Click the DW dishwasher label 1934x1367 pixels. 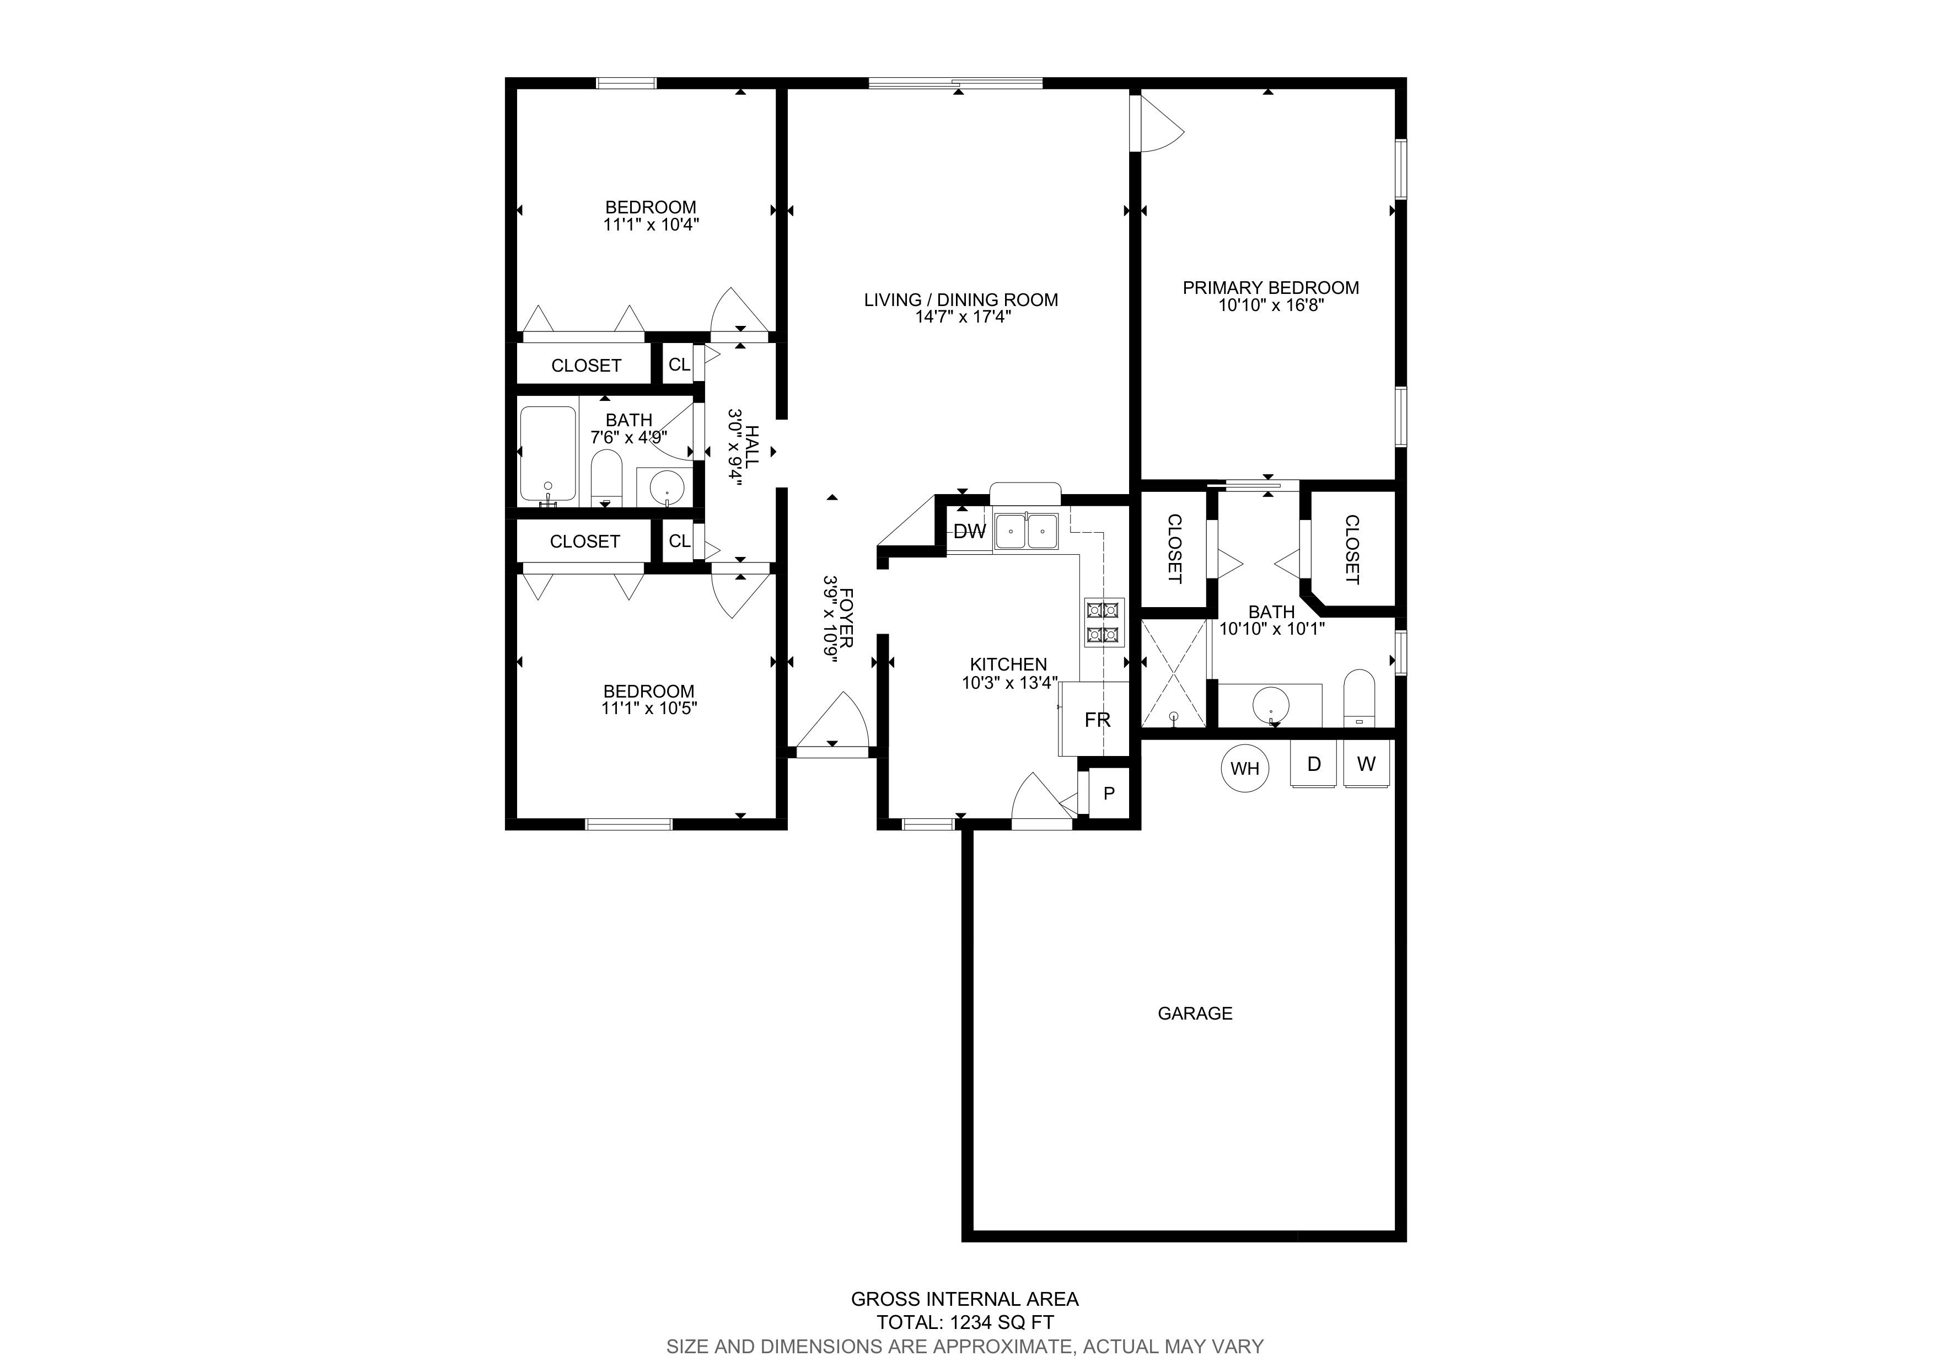(x=970, y=532)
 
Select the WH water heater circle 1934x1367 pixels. (x=1245, y=768)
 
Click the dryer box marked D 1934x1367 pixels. (x=1314, y=764)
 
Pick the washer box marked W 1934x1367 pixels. (x=1366, y=764)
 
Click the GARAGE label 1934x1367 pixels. (x=1195, y=1013)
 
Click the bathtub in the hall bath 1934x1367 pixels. (x=549, y=455)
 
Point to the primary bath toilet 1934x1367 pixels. (x=1358, y=698)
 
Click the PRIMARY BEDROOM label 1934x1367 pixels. (x=1270, y=288)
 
